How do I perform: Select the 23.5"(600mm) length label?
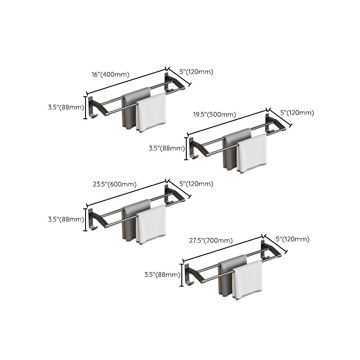click(x=115, y=184)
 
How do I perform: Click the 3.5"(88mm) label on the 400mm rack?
click(x=66, y=108)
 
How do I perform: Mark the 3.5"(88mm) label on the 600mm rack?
click(x=66, y=220)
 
